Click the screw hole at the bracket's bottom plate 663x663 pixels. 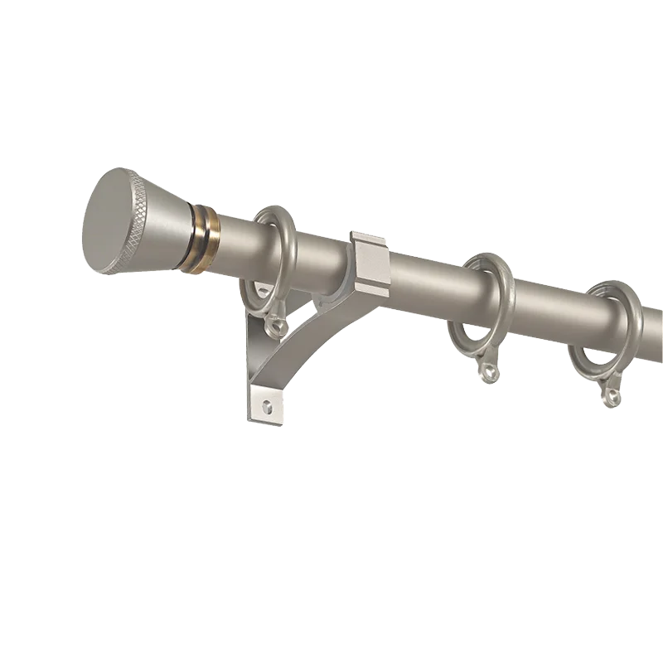click(x=267, y=406)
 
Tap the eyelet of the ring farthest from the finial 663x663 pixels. click(x=612, y=397)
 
